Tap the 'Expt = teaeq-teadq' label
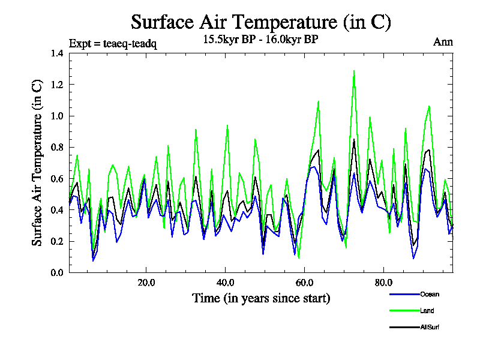(x=113, y=44)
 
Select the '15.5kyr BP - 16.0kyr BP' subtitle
(x=261, y=40)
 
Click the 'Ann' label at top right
(x=443, y=42)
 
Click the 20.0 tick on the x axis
(x=146, y=283)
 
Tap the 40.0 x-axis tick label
(x=225, y=283)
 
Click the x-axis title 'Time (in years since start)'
(x=261, y=298)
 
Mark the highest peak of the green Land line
(x=354, y=71)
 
